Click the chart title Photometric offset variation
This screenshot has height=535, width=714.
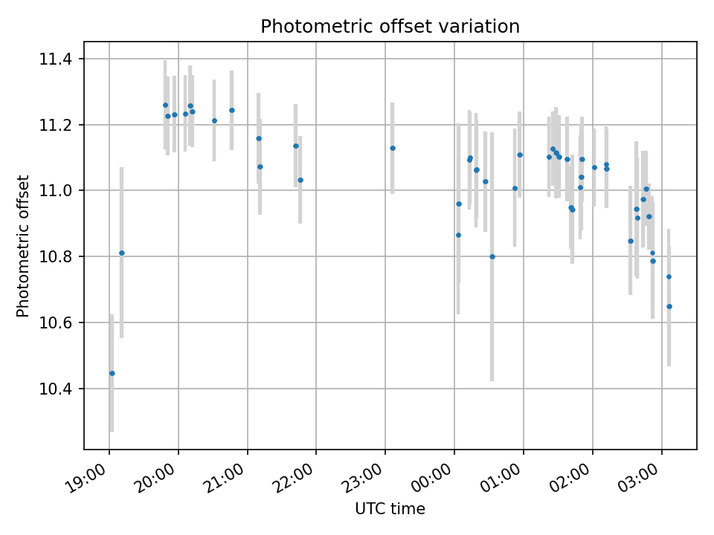[390, 27]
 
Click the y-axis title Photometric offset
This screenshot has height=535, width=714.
[23, 246]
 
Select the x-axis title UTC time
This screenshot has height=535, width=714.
[390, 509]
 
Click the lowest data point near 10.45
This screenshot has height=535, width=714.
[112, 373]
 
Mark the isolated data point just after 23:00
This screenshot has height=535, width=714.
[393, 148]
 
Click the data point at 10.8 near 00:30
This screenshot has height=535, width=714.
[492, 256]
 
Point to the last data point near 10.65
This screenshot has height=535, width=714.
[669, 306]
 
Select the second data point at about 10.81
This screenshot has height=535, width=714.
[122, 253]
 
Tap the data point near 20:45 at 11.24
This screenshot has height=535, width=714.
[232, 110]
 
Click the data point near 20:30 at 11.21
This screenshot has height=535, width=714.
[214, 120]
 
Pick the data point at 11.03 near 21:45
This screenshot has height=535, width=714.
[300, 180]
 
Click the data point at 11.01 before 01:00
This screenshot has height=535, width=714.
[515, 188]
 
